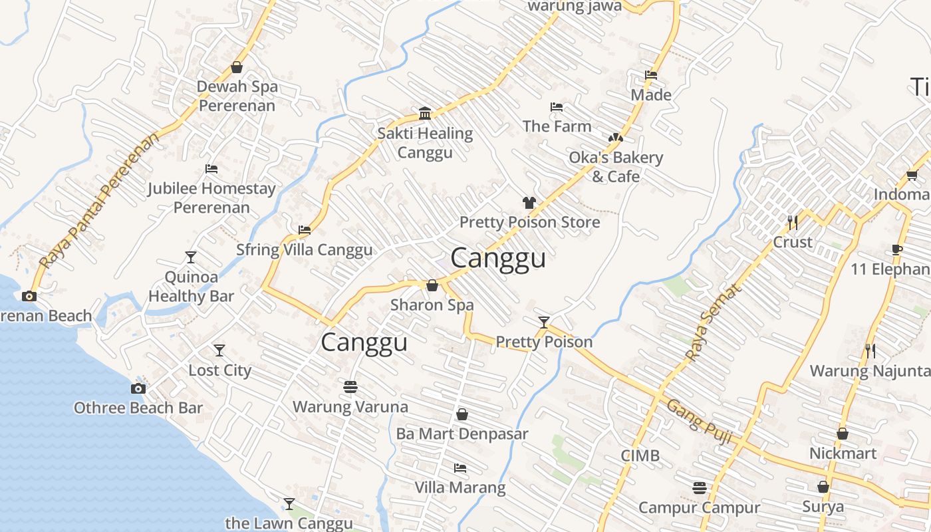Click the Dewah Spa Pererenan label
coord(237,96)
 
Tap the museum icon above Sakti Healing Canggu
coord(425,113)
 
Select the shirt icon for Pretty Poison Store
coord(529,203)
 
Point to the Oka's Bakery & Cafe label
coord(616,167)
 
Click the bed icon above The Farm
coord(557,107)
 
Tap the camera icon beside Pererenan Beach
coord(29,297)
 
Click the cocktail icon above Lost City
coord(219,350)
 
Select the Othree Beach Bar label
coord(138,408)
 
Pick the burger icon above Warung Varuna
coord(350,386)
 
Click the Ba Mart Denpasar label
coord(462,434)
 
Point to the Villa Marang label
coord(460,487)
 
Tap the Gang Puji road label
coord(699,422)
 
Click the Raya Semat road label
coord(712,324)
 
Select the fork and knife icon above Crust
coord(793,222)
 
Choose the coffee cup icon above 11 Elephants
coord(896,250)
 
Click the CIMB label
coord(640,456)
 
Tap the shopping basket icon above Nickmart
coord(843,434)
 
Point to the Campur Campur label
coord(699,507)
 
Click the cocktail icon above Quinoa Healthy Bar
coord(191,257)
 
